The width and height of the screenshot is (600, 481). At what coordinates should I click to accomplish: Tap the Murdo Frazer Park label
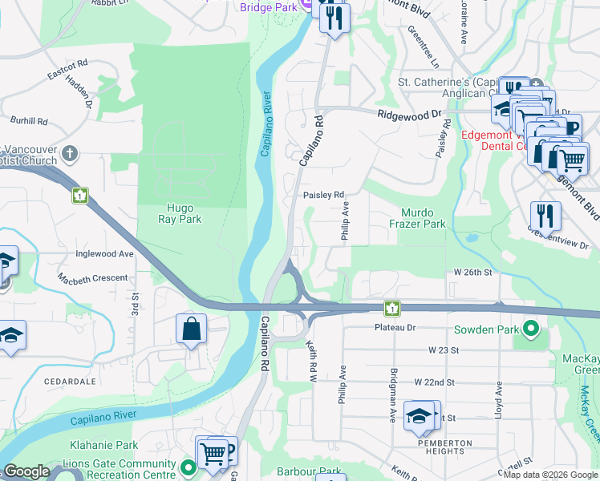(423, 219)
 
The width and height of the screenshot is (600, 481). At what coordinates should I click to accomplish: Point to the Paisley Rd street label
(323, 195)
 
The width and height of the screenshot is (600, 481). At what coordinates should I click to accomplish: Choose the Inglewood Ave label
(104, 254)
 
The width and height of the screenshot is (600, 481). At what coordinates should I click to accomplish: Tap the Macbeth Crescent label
(92, 278)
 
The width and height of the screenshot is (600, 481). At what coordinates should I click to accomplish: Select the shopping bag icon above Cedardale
(192, 329)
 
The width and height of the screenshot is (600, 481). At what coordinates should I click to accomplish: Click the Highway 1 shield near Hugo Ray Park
(79, 196)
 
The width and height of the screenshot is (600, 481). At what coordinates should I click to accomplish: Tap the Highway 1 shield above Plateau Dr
(391, 308)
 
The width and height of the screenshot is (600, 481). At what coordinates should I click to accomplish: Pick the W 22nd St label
(434, 383)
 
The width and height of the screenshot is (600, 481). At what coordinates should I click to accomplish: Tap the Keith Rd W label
(312, 358)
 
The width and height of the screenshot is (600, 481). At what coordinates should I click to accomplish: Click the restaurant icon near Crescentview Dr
(545, 216)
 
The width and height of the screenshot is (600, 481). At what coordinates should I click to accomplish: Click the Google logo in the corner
(26, 471)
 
